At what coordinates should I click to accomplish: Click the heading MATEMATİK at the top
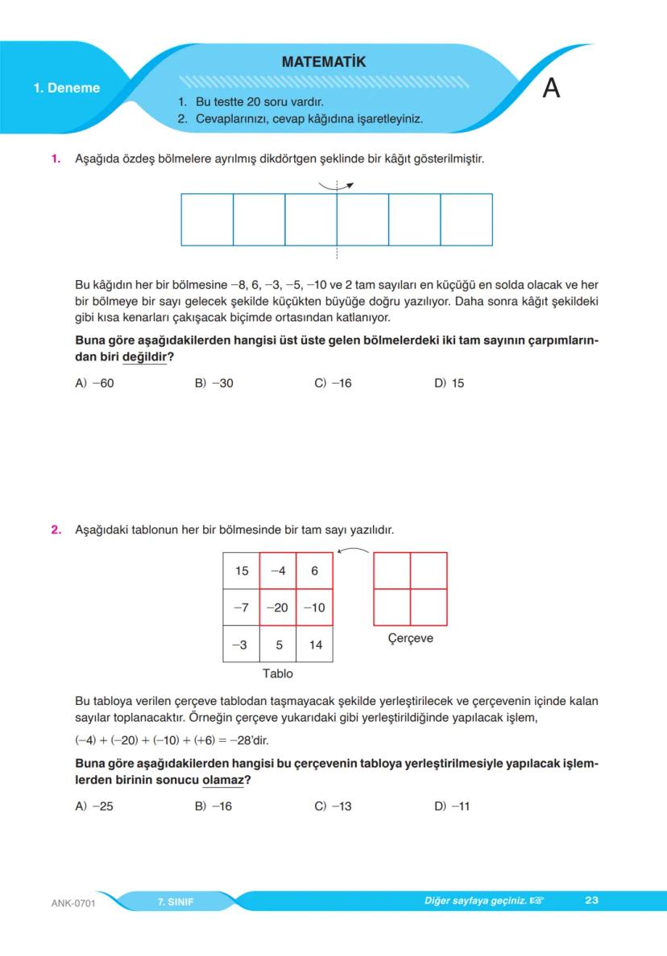tap(324, 62)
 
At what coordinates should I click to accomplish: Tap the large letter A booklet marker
tap(551, 88)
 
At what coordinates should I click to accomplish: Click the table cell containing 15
tap(242, 571)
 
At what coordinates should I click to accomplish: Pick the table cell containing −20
tap(277, 608)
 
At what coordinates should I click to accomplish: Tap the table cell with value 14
tap(314, 645)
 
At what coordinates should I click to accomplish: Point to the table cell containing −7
tap(241, 608)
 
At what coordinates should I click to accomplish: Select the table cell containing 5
tap(278, 645)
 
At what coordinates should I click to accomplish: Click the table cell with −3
tap(241, 645)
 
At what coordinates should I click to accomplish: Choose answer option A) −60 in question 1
tap(94, 383)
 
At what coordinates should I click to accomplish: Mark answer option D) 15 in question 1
tap(449, 383)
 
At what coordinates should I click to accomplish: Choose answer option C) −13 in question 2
tap(333, 806)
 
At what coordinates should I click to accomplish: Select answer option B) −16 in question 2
tap(213, 806)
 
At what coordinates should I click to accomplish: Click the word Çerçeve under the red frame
tap(410, 638)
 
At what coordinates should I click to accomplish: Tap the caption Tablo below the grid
tap(278, 673)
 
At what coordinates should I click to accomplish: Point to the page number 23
tap(591, 900)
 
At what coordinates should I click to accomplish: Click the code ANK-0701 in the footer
tap(73, 903)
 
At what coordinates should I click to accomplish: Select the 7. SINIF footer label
tap(176, 901)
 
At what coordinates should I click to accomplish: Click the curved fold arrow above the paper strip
tap(336, 185)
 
